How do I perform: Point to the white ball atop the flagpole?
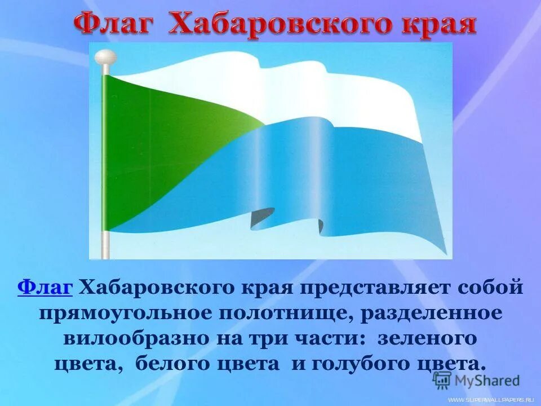tap(105, 56)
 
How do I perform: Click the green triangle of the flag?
tap(152, 147)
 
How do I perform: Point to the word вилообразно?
tap(140, 338)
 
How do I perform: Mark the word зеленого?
tap(427, 338)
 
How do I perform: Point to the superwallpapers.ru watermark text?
tap(491, 399)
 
